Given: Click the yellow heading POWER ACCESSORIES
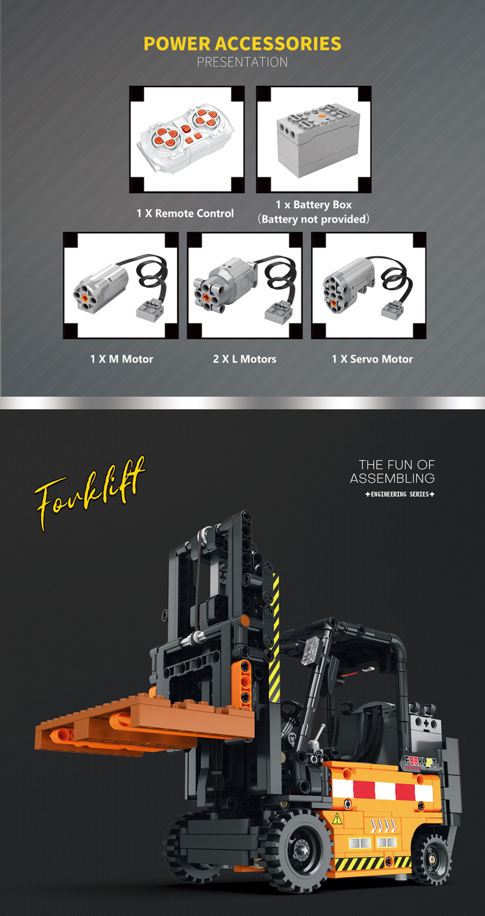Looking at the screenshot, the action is click(243, 44).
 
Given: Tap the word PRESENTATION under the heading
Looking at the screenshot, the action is click(243, 62).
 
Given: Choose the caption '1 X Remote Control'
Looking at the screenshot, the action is click(185, 213).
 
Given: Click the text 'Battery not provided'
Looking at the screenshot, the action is click(314, 219).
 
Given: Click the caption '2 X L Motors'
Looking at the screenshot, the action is click(245, 359).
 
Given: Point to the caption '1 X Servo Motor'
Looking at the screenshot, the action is click(372, 359).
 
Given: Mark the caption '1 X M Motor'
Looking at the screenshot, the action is click(122, 359).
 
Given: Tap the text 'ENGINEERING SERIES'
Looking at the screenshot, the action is click(400, 495).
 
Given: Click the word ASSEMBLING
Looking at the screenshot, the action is click(392, 478).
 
